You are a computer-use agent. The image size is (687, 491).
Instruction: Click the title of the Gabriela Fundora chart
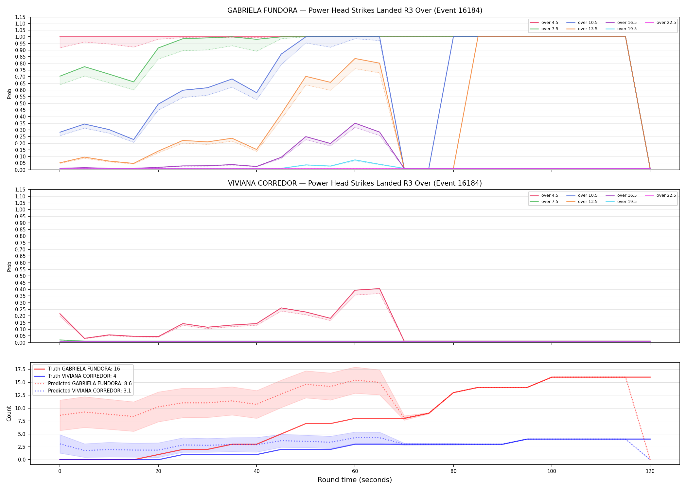355,10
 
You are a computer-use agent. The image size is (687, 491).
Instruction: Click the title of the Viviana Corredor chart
355,183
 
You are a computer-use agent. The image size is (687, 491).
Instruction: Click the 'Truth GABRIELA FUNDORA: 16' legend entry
77,369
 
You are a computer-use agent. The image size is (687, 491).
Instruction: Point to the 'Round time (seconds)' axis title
355,480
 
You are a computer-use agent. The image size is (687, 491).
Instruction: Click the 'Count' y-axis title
9,413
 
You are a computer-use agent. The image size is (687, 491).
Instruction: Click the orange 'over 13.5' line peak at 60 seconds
355,59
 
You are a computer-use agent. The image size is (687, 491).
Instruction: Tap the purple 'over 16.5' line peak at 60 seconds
355,123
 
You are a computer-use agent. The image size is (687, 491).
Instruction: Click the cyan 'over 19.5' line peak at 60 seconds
355,160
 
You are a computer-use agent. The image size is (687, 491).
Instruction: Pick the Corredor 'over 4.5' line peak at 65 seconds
379,289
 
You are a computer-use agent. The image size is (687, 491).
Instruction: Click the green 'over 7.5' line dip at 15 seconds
133,82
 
